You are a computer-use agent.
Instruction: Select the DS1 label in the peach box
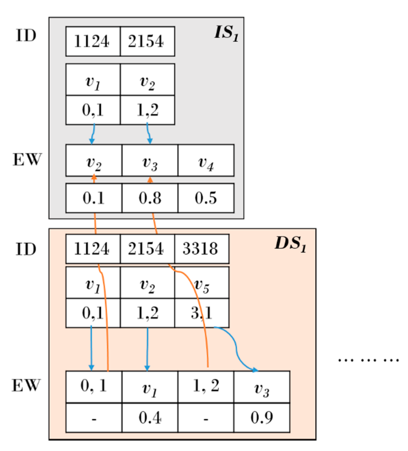tap(290, 244)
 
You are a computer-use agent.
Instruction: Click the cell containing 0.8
tap(150, 198)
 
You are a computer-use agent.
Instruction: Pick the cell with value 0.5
tap(206, 198)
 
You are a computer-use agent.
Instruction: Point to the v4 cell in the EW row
tap(206, 161)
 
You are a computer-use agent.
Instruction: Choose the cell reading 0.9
tap(262, 418)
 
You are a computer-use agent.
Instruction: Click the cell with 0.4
tap(150, 418)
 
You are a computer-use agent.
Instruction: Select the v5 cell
tap(202, 283)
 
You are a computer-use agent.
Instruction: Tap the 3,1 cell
tap(202, 313)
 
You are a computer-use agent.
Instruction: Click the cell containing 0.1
tap(94, 198)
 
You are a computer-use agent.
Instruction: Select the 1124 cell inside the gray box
tap(93, 41)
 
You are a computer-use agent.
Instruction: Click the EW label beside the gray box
tap(27, 160)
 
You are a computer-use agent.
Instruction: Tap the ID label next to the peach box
tap(26, 249)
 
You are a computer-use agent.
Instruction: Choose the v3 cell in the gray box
tap(150, 161)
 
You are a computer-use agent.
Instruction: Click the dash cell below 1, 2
tap(206, 418)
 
